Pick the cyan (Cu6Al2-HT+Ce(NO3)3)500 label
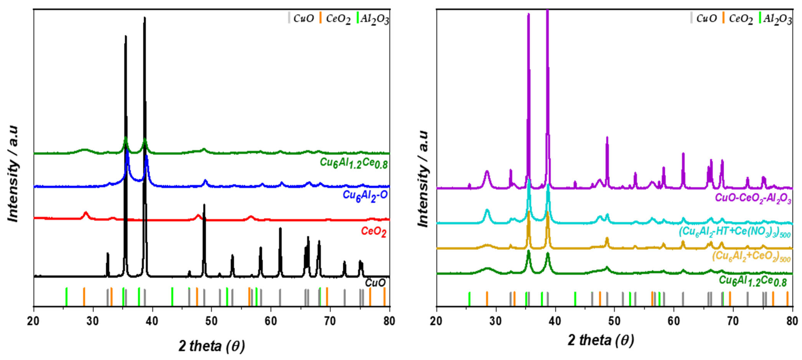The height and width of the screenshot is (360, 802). (x=734, y=232)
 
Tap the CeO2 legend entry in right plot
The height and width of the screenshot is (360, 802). (x=740, y=19)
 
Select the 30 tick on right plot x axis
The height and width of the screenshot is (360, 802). (x=496, y=321)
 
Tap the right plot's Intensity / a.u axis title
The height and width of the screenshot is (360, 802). (x=423, y=179)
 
